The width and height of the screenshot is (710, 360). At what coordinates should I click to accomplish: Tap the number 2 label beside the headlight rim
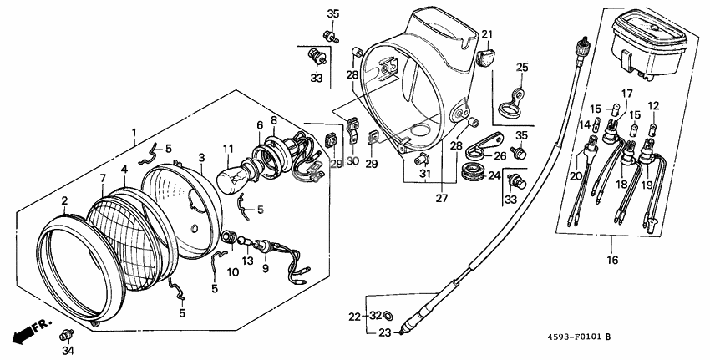[x=64, y=201]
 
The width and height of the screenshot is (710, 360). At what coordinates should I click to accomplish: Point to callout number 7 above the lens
[x=103, y=179]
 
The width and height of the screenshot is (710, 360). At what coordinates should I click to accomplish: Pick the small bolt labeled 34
[x=64, y=335]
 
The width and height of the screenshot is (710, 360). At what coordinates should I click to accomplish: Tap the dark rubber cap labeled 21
[x=485, y=57]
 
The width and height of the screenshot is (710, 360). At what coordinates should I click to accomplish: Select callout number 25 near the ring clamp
[x=522, y=68]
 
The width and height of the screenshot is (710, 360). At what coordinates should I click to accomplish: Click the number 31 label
[x=426, y=174]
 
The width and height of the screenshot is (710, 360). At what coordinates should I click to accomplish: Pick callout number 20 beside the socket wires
[x=575, y=175]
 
